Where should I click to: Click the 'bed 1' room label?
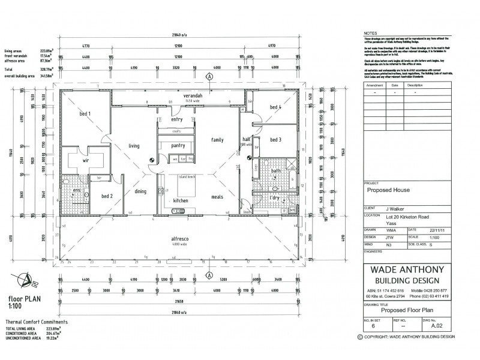tap(85, 113)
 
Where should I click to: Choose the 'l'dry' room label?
tap(276, 198)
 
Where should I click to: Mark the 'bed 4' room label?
tap(275, 107)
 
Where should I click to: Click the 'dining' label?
tap(140, 191)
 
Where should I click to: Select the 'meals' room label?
tap(217, 197)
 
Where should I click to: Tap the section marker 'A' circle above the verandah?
tap(209, 77)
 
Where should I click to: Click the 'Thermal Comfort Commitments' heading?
tap(37, 322)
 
